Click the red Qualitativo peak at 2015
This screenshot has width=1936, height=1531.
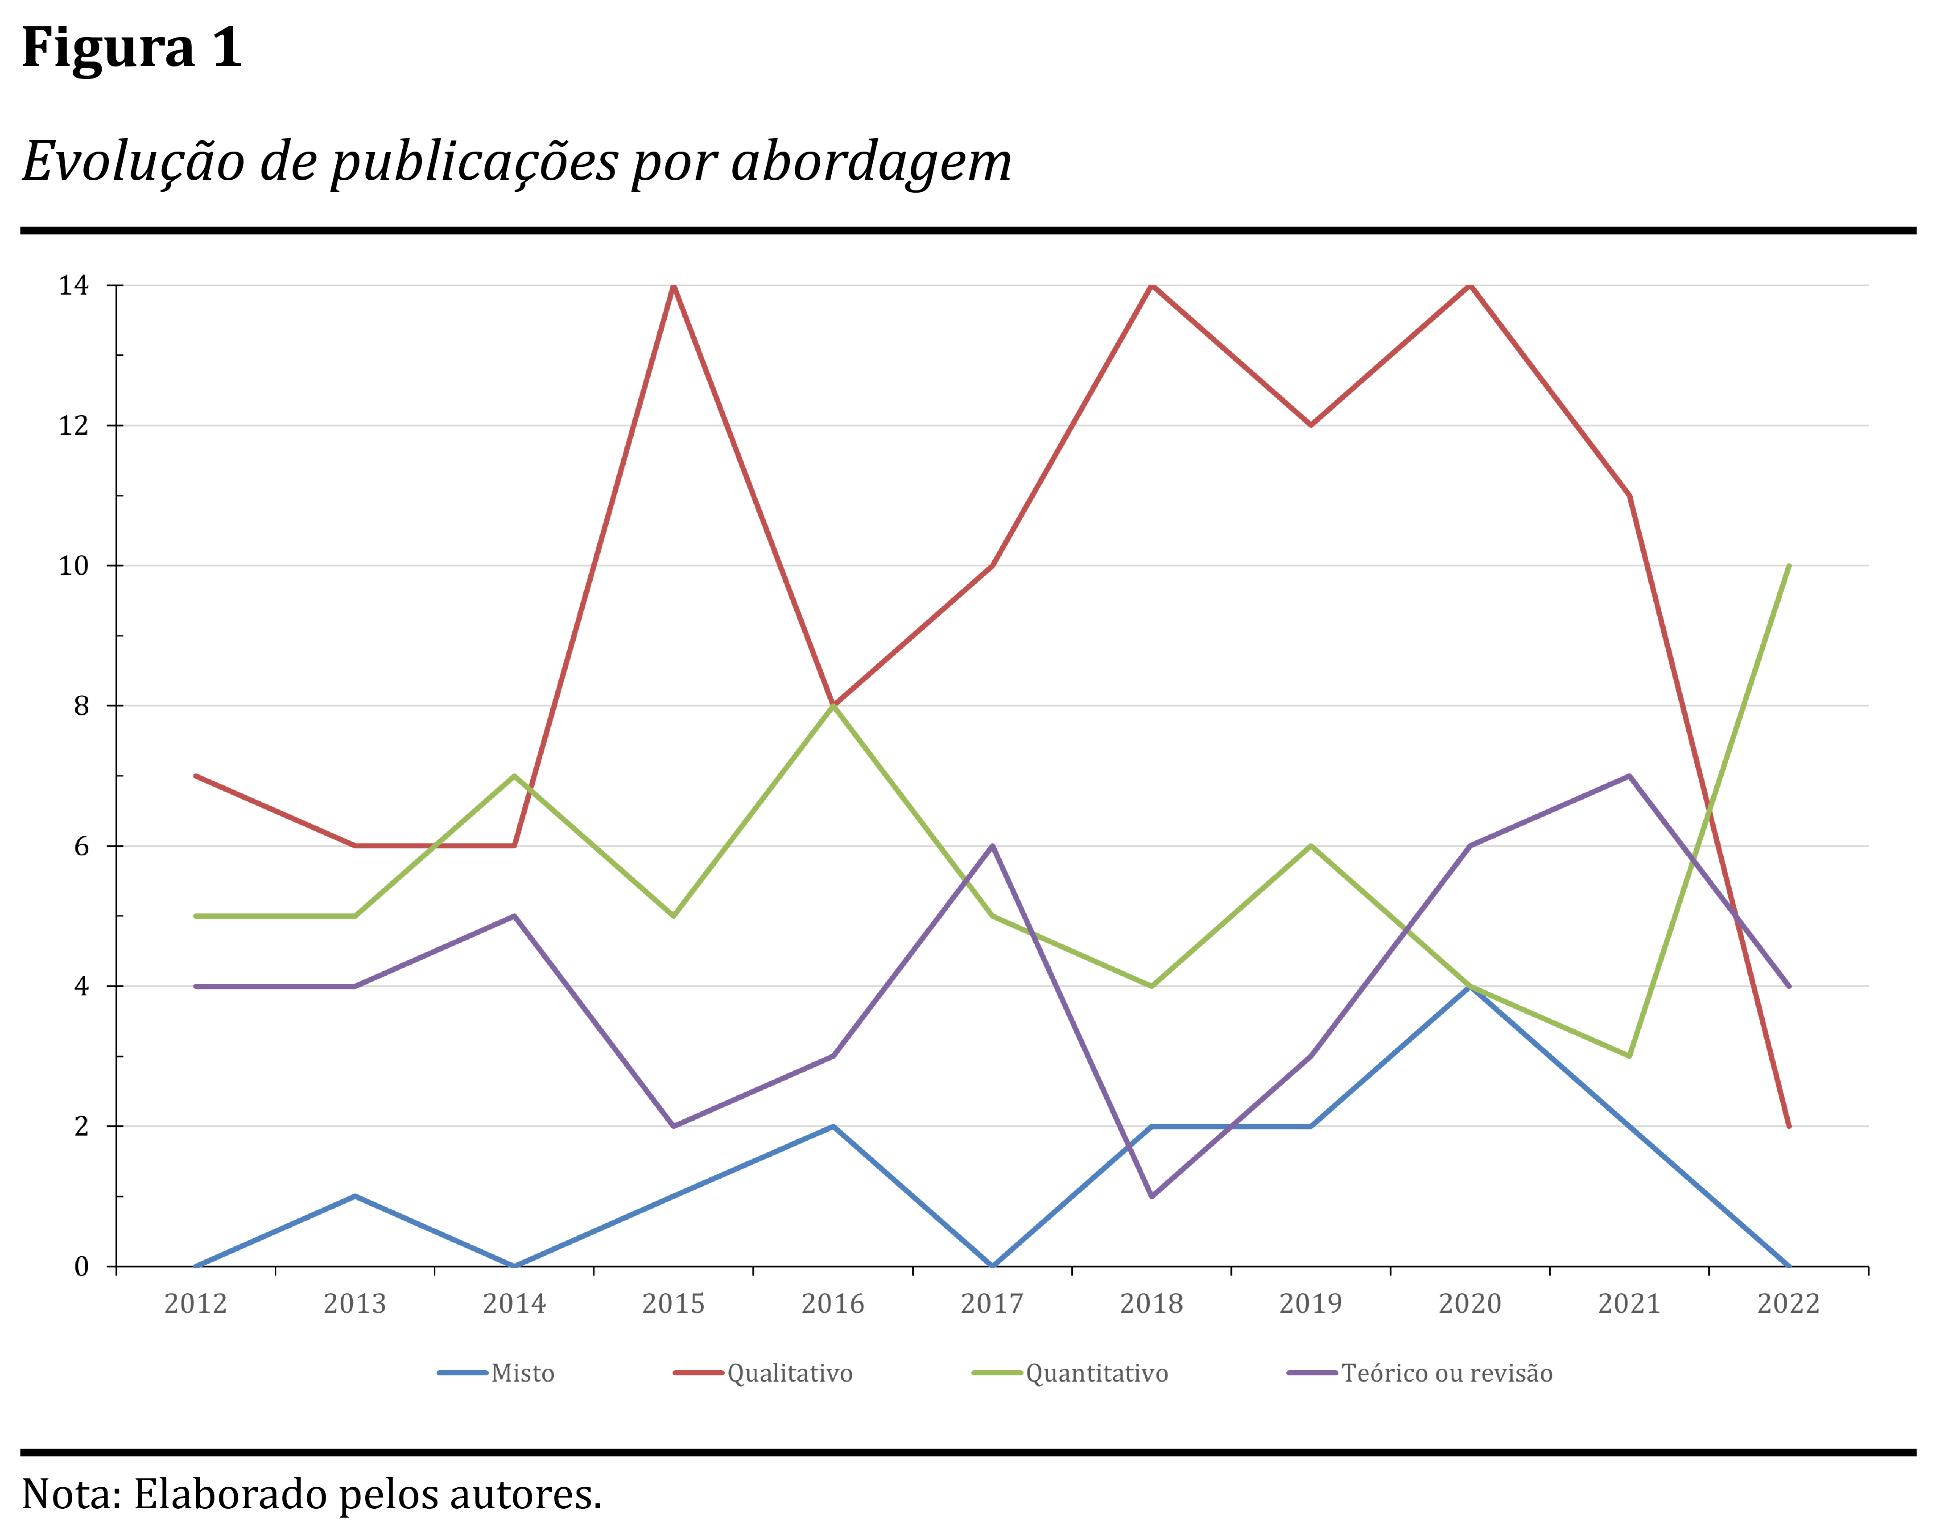673,286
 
